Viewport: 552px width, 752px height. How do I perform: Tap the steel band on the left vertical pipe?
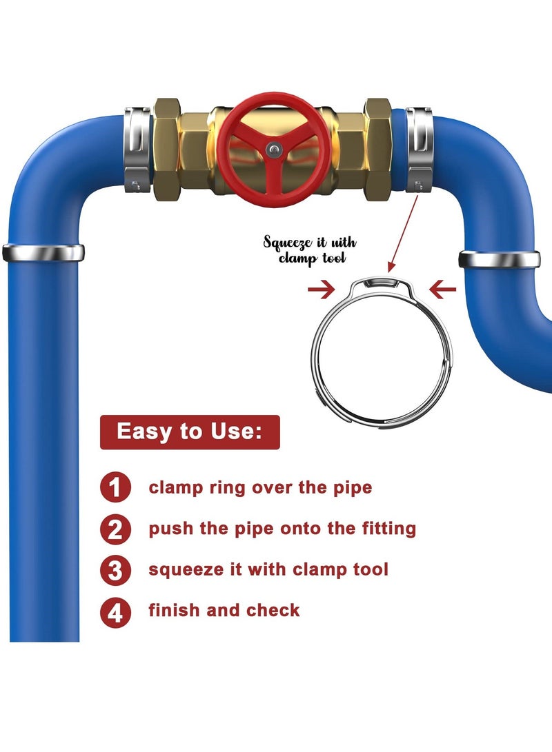(x=43, y=253)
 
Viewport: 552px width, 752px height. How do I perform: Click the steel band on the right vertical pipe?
(x=500, y=259)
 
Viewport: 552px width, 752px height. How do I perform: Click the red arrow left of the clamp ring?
(x=321, y=289)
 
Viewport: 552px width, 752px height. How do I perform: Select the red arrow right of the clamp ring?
(x=442, y=289)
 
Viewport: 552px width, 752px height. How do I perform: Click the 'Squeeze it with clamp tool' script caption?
(x=310, y=250)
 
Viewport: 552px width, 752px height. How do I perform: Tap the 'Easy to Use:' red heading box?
(x=190, y=432)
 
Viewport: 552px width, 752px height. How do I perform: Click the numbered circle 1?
(x=115, y=488)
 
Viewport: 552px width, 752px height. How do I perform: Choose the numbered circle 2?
(x=115, y=529)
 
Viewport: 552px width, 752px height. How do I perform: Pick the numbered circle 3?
(x=115, y=571)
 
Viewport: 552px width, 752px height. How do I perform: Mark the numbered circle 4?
(x=115, y=612)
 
